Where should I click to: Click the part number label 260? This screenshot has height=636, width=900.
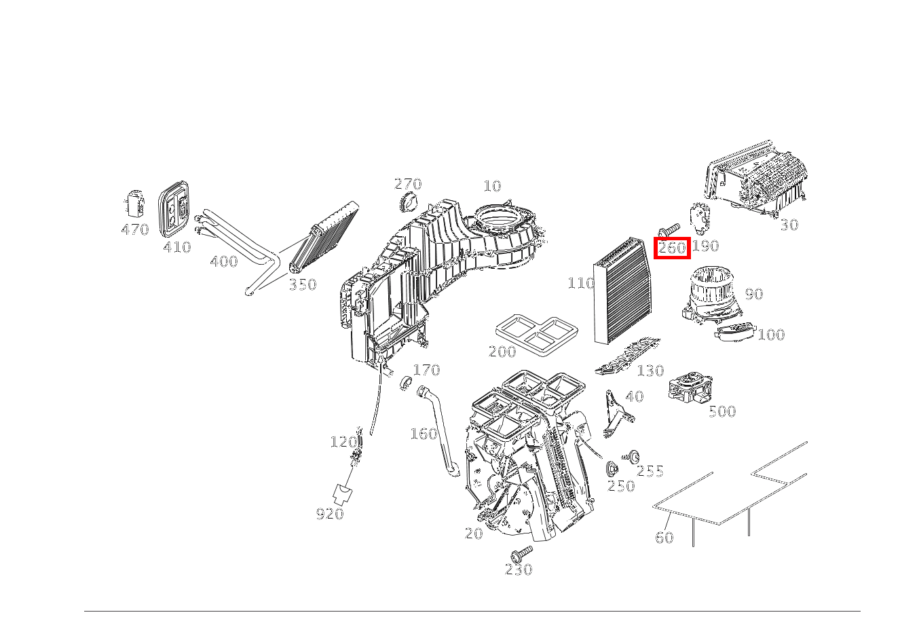click(672, 248)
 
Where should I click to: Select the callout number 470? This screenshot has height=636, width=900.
click(135, 230)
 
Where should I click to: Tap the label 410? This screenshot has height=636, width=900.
click(176, 248)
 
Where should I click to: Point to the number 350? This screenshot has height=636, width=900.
click(302, 285)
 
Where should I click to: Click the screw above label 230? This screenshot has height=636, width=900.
click(522, 553)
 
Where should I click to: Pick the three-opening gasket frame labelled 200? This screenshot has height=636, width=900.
click(536, 333)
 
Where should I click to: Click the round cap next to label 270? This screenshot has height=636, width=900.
click(409, 202)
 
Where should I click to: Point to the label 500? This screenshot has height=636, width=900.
click(721, 411)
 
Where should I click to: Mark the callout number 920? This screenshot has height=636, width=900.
click(329, 515)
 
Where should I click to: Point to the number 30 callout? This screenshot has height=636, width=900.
click(789, 225)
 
